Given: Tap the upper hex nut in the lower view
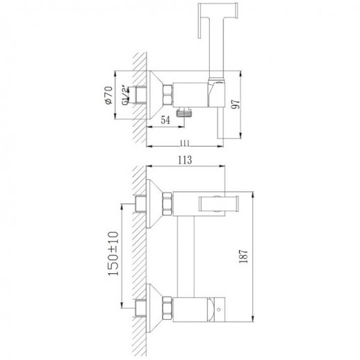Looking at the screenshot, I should [167, 204].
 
